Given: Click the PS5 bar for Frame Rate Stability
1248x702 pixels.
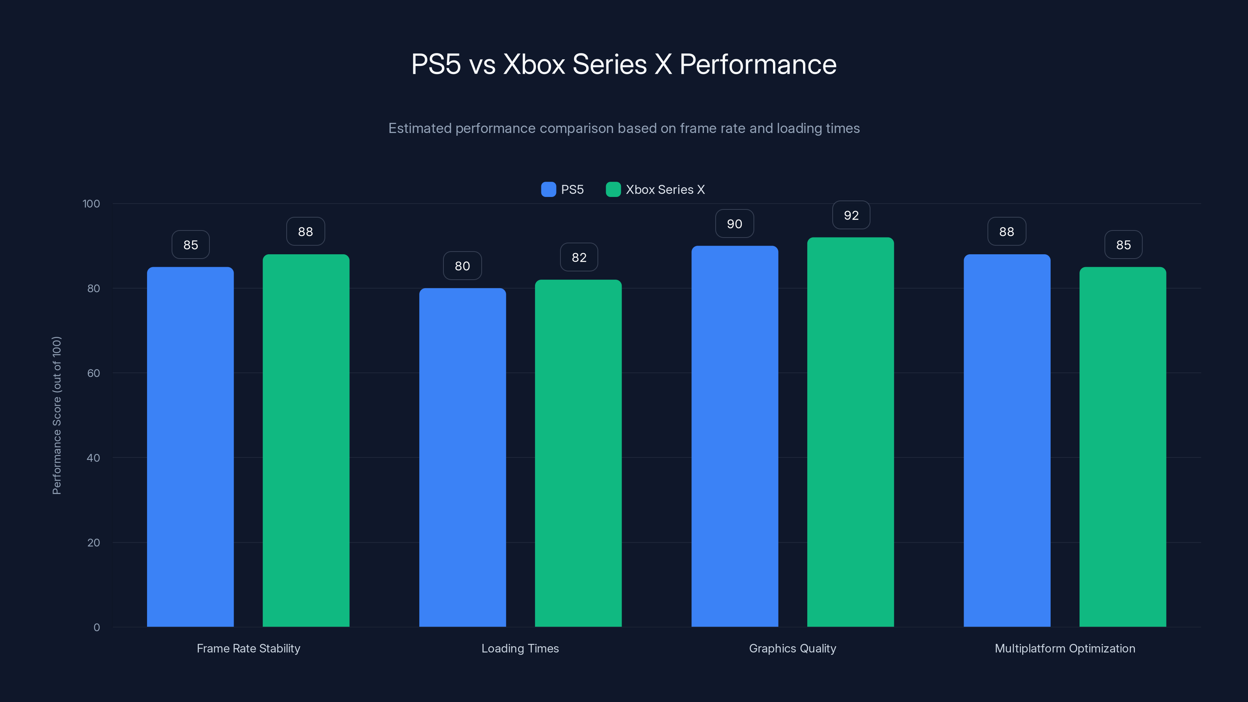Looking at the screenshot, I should tap(190, 446).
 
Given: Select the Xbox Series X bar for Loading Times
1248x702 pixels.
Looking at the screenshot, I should tap(578, 453).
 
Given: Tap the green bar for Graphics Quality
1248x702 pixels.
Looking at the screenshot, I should tap(850, 431).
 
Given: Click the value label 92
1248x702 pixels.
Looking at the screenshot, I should tap(851, 215).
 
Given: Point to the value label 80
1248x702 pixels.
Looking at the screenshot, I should tap(462, 266).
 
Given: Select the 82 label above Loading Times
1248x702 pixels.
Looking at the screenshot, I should tap(579, 257).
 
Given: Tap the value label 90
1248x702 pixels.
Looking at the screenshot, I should tap(734, 224).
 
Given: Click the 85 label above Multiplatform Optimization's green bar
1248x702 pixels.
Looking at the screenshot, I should tap(1124, 245).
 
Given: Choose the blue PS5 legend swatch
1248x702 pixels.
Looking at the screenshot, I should tap(548, 190).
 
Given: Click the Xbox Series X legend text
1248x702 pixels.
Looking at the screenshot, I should tap(665, 190).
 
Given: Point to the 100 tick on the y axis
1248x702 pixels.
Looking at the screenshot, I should tap(91, 204).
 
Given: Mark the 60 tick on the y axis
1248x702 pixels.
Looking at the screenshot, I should tap(94, 373).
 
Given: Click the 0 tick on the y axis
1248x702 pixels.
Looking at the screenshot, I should tap(96, 628).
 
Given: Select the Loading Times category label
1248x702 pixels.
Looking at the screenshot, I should tap(520, 648).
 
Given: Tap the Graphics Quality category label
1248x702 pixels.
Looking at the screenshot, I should tap(792, 648).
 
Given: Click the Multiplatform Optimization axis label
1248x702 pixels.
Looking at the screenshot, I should tap(1065, 648).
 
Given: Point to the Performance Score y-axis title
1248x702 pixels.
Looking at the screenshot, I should tap(57, 415).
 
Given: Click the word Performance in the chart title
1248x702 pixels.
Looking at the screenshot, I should tap(758, 64).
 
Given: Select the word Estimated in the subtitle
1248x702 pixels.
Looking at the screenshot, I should tap(420, 128).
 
